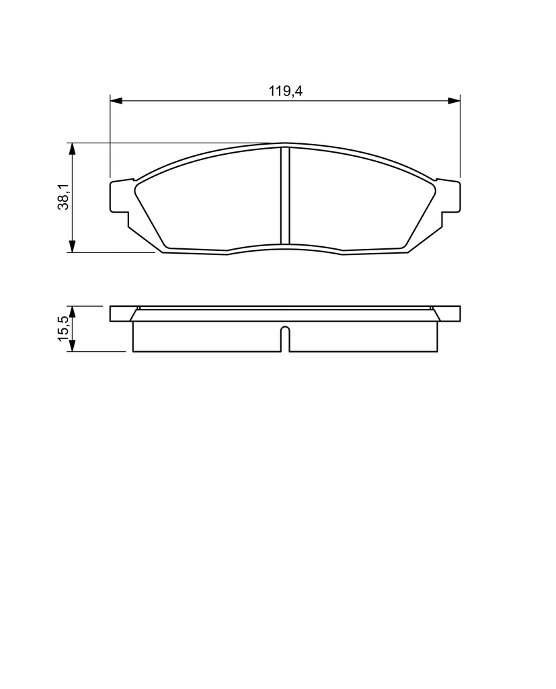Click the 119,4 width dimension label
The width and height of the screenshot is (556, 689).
pyautogui.click(x=286, y=91)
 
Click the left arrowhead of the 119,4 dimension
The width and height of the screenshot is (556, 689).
pyautogui.click(x=116, y=101)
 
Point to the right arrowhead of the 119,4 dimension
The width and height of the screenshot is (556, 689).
pyautogui.click(x=454, y=101)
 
